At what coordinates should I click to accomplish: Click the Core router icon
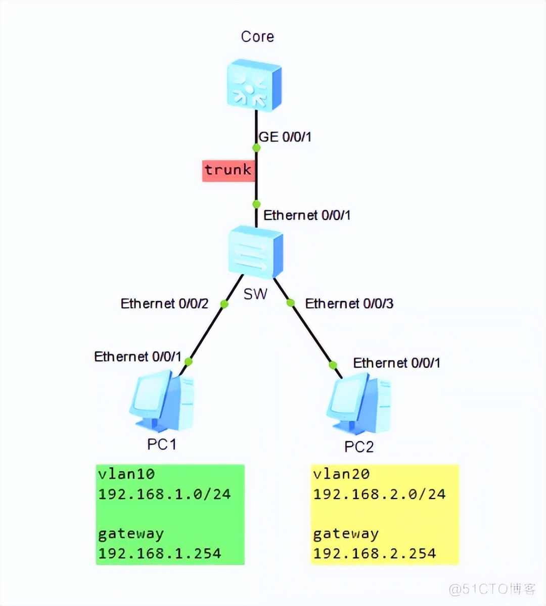[254, 85]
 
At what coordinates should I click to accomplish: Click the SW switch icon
[255, 252]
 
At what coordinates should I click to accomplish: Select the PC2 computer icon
[359, 403]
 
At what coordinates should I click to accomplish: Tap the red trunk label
[228, 170]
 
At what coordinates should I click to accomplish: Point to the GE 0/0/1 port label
[285, 137]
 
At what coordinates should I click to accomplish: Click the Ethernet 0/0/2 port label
[164, 304]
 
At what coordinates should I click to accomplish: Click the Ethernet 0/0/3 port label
[349, 304]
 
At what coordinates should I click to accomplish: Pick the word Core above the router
[257, 37]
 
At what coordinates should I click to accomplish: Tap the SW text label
[255, 294]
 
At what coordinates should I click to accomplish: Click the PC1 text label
[162, 444]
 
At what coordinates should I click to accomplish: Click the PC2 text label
[359, 447]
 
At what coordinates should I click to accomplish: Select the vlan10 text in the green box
[126, 474]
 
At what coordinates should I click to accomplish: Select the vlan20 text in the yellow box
[341, 474]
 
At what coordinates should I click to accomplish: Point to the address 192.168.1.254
[160, 553]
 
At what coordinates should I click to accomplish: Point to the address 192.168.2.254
[375, 553]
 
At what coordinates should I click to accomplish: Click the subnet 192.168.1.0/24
[164, 494]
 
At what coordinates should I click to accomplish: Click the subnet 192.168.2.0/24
[379, 494]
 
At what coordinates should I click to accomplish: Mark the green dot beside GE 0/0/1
[256, 148]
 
